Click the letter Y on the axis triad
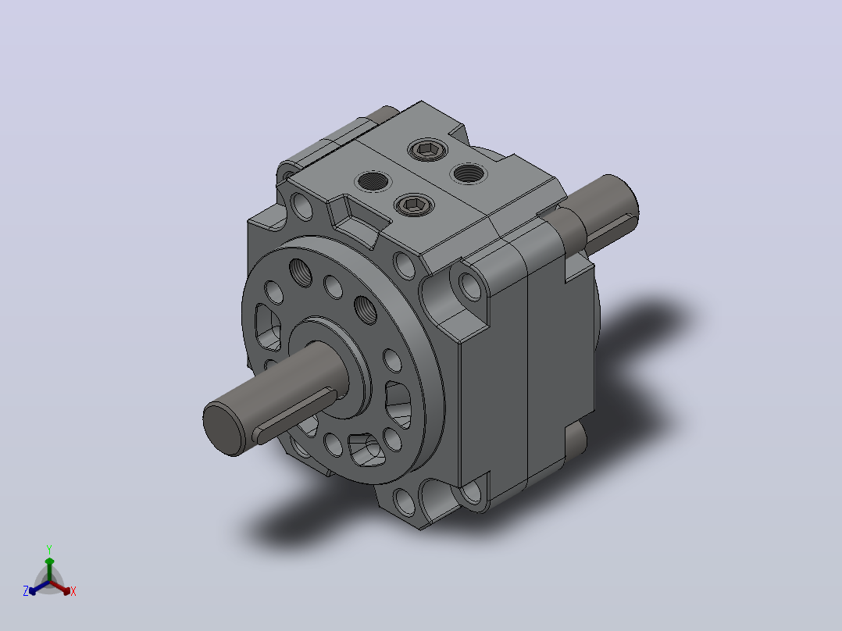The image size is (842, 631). [49, 549]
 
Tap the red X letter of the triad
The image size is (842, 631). [73, 591]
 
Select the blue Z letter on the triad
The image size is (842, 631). [26, 591]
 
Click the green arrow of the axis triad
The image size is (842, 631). [49, 569]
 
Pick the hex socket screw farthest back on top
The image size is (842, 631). [428, 150]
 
